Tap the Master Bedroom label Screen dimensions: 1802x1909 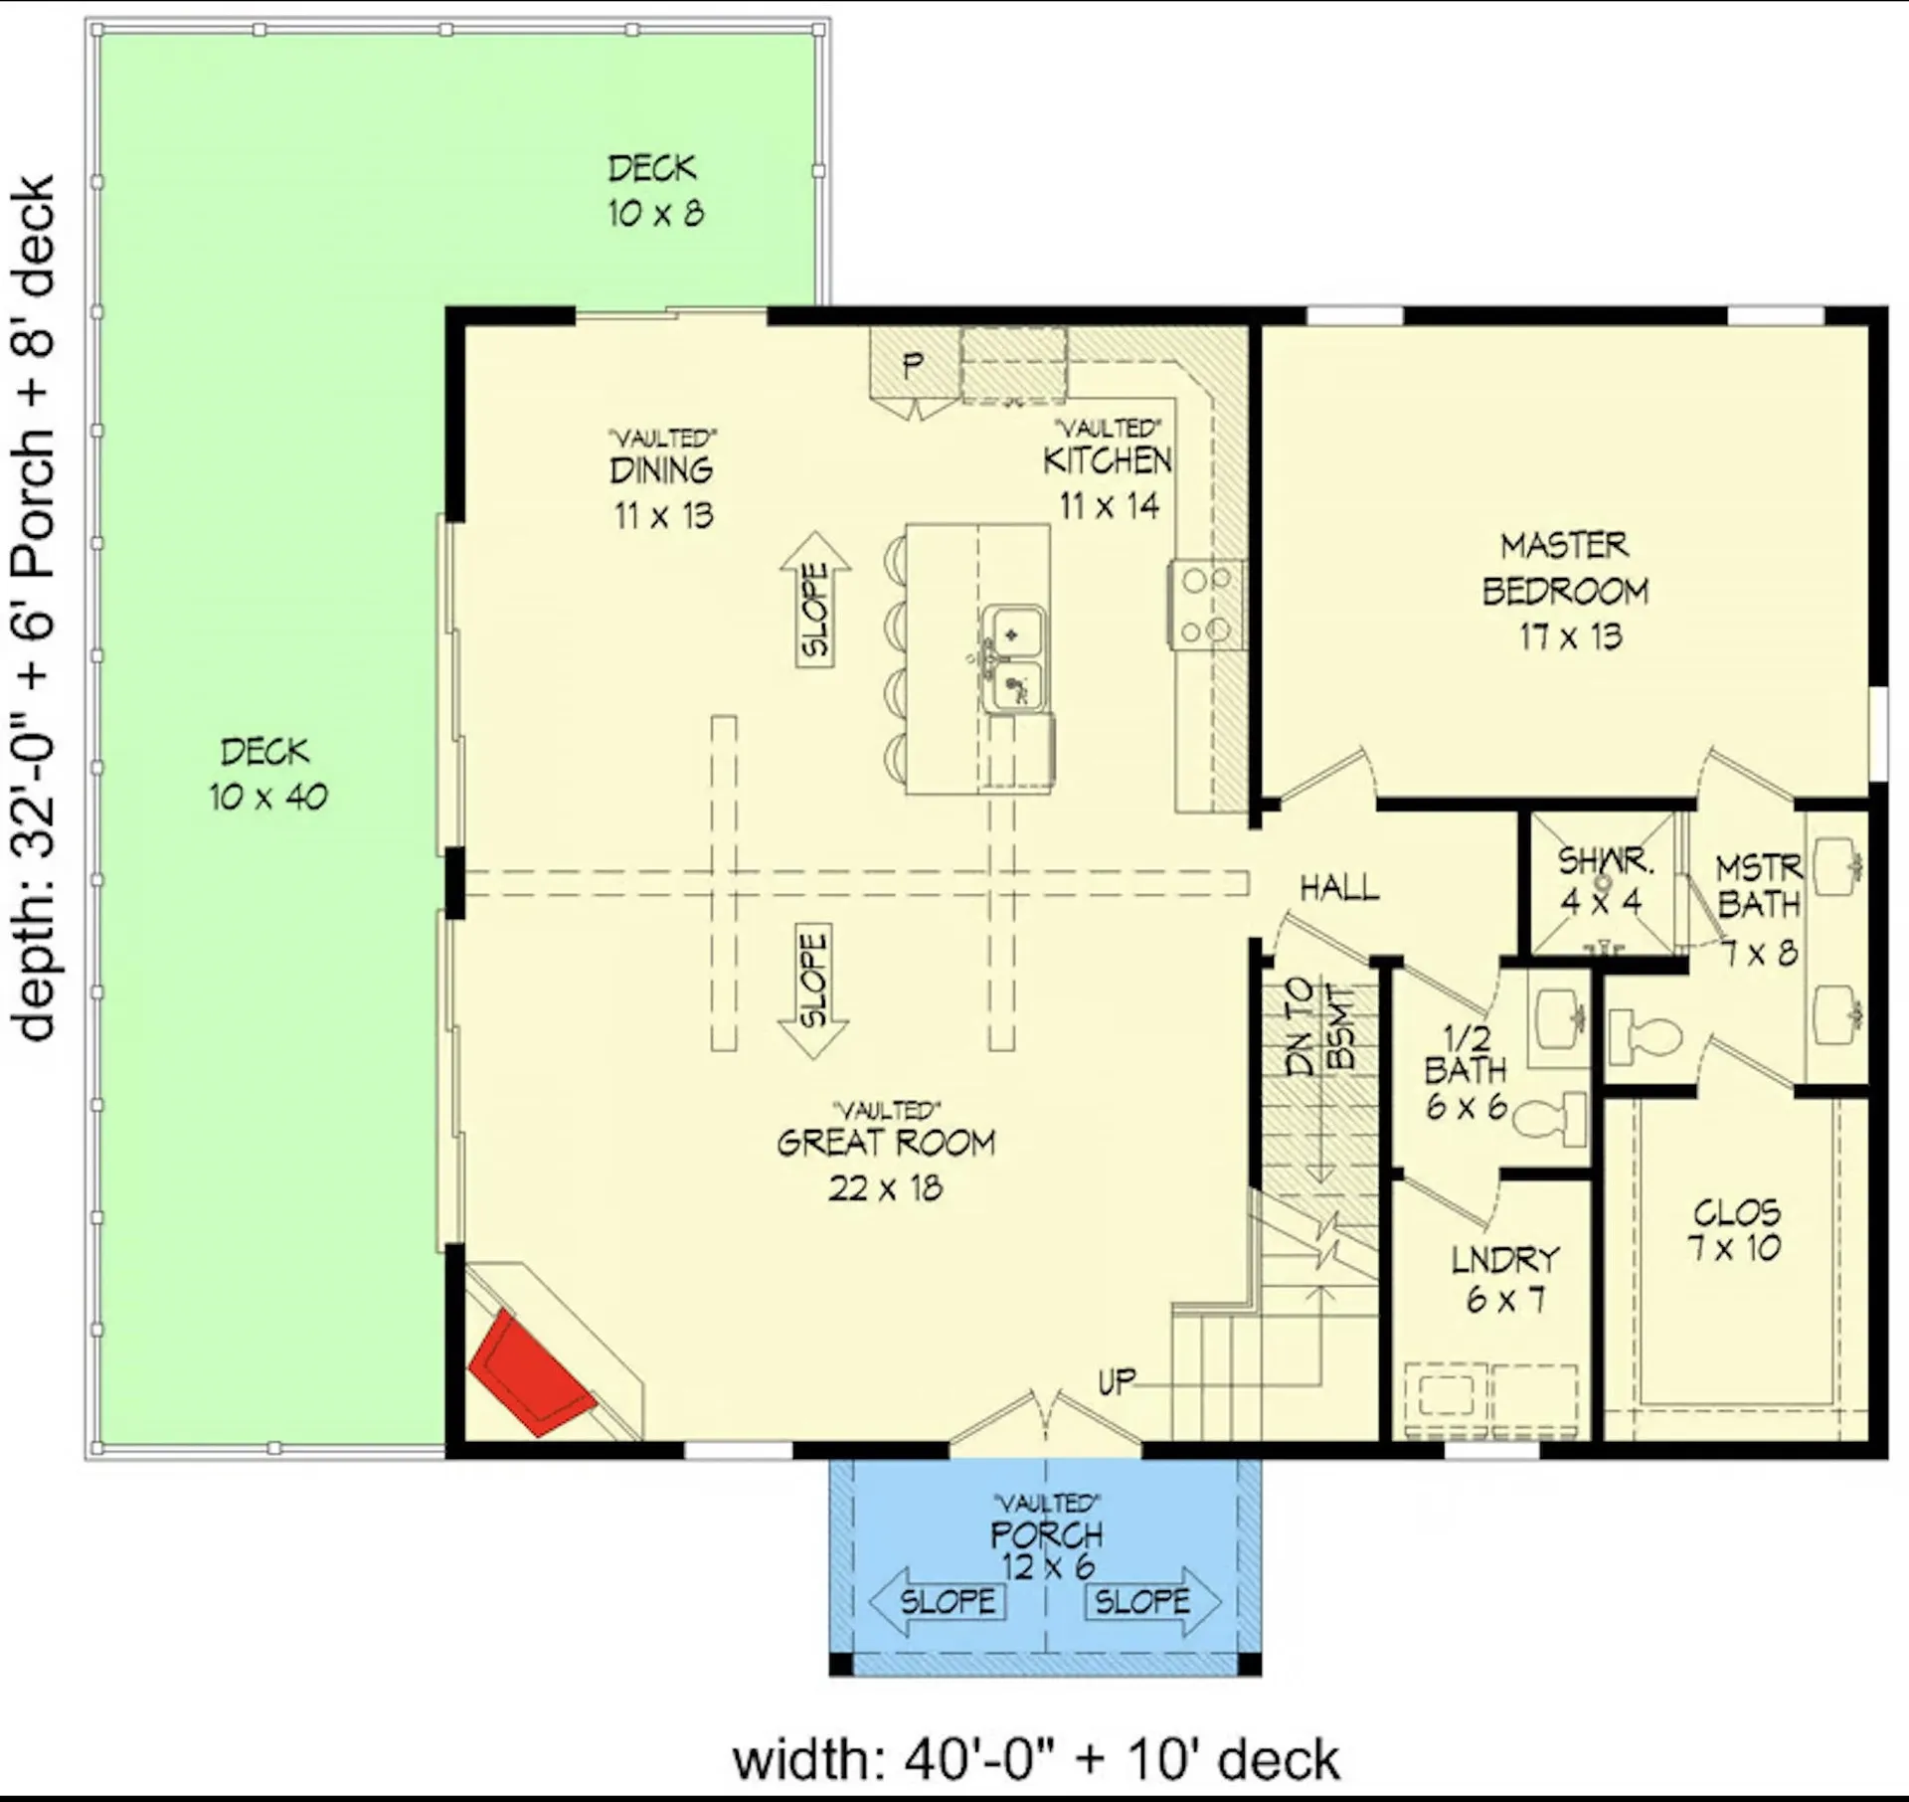point(1565,569)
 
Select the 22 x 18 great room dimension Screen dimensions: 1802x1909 point(885,1187)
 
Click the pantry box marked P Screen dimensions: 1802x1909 point(913,365)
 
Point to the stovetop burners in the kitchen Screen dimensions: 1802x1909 point(1205,604)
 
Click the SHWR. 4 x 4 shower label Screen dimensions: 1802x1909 point(1603,880)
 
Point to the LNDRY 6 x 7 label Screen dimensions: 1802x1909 point(1505,1279)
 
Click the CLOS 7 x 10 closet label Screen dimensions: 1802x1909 point(1736,1229)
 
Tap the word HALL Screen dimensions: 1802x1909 point(1339,888)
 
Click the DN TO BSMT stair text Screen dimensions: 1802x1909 point(1319,1026)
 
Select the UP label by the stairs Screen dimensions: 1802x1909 point(1117,1381)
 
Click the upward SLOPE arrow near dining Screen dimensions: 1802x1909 point(814,600)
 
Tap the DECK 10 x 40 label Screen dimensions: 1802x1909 point(267,774)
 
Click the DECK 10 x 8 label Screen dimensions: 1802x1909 point(654,190)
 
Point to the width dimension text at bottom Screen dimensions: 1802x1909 point(1035,1758)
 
